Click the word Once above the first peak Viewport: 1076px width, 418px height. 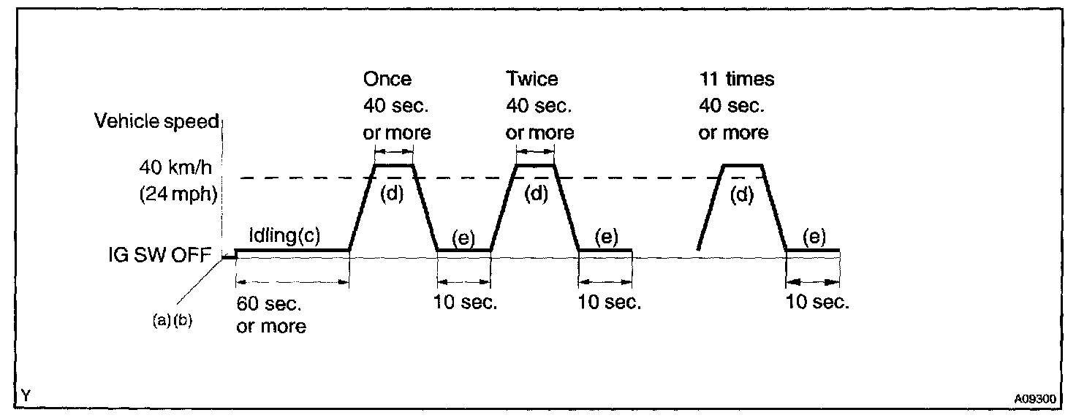387,79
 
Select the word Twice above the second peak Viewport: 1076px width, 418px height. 531,79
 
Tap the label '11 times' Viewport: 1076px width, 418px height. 736,79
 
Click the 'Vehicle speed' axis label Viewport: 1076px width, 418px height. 156,121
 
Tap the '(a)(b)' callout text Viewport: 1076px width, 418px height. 172,321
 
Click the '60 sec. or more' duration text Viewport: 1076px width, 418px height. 270,314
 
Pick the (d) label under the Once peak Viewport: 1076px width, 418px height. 393,196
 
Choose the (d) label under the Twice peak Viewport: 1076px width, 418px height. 537,196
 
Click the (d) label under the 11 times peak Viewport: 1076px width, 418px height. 743,196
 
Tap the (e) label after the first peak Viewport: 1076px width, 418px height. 463,237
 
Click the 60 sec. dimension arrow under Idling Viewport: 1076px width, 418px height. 292,281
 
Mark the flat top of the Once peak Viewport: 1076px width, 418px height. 393,165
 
